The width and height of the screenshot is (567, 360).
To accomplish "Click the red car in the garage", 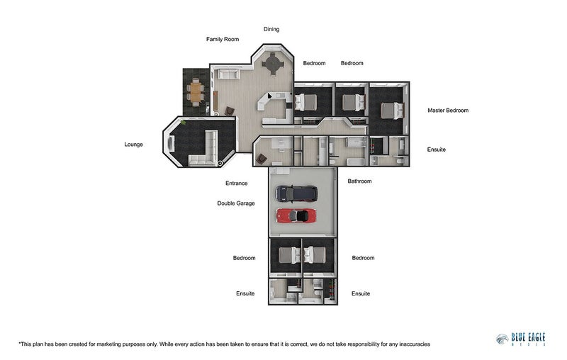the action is [296, 216].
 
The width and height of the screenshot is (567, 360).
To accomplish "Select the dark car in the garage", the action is [296, 193].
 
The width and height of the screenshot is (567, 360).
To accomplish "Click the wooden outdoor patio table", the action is [196, 92].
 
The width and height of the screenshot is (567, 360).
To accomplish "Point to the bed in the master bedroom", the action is [392, 111].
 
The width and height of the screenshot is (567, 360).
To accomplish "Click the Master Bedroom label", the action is [448, 111].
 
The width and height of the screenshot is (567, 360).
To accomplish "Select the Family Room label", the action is [223, 39].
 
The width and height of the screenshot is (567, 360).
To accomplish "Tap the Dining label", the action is [271, 29].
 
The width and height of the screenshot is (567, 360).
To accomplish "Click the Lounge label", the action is [133, 145].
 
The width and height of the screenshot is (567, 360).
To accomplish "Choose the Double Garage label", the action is [236, 203].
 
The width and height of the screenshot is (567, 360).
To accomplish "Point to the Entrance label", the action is [237, 183].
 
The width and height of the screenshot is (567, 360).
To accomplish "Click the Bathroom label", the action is [359, 181].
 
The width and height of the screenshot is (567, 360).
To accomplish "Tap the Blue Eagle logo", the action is [521, 339].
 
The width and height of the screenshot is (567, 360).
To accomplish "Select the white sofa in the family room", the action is [228, 74].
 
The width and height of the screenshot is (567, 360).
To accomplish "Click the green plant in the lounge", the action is [184, 123].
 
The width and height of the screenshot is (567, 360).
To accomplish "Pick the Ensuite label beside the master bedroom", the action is [436, 150].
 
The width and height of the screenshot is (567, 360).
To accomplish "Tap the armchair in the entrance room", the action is [261, 159].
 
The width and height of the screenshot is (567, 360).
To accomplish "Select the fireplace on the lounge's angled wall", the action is [171, 144].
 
